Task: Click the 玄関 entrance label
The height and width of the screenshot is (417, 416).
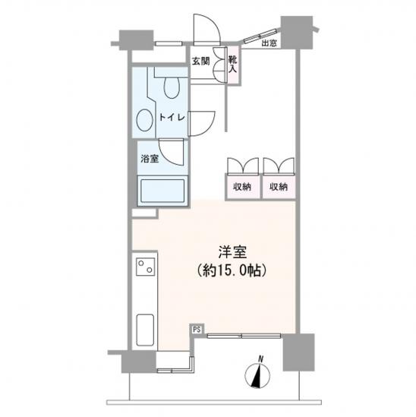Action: pos(201,62)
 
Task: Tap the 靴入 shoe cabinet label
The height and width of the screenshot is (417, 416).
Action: pos(233,65)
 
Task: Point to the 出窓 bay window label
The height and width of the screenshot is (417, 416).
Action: pos(269,43)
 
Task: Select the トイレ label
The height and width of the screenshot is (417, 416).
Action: pos(172,117)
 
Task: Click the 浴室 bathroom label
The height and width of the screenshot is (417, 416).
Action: pos(150,159)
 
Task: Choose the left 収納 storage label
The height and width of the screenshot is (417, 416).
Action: pos(242,187)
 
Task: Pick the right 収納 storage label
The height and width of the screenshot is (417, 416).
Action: pos(279,187)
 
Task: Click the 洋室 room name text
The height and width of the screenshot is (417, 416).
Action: pos(232,252)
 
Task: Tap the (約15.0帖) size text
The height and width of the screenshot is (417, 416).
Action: pos(232,271)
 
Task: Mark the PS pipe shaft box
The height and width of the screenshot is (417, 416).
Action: pos(197,330)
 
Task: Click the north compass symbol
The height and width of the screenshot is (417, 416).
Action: pos(257,375)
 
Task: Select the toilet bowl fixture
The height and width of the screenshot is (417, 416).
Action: pos(172,87)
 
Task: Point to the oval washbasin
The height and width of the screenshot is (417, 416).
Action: pos(144,120)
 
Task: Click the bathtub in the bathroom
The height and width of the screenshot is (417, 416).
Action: pos(162,191)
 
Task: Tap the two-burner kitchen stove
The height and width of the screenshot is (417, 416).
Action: pos(146,267)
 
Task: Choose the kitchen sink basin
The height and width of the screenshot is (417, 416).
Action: pos(145,330)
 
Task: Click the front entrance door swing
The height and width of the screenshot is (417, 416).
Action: pos(206,30)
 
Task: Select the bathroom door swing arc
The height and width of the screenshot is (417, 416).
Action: pos(172,152)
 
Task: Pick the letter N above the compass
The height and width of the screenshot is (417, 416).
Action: pos(261,359)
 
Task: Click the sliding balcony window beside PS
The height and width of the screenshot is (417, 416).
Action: pos(244,336)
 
